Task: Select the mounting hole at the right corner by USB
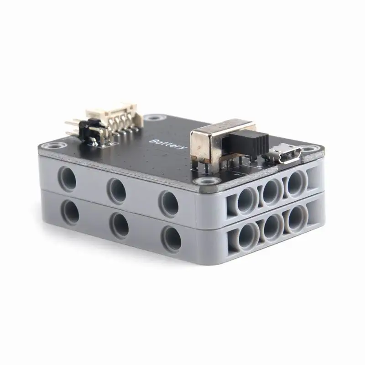pos(312,149)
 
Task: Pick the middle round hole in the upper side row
pos(117,189)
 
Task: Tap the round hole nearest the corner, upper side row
pos(168,203)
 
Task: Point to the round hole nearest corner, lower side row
pos(172,239)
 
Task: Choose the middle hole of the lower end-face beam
pos(274,225)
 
